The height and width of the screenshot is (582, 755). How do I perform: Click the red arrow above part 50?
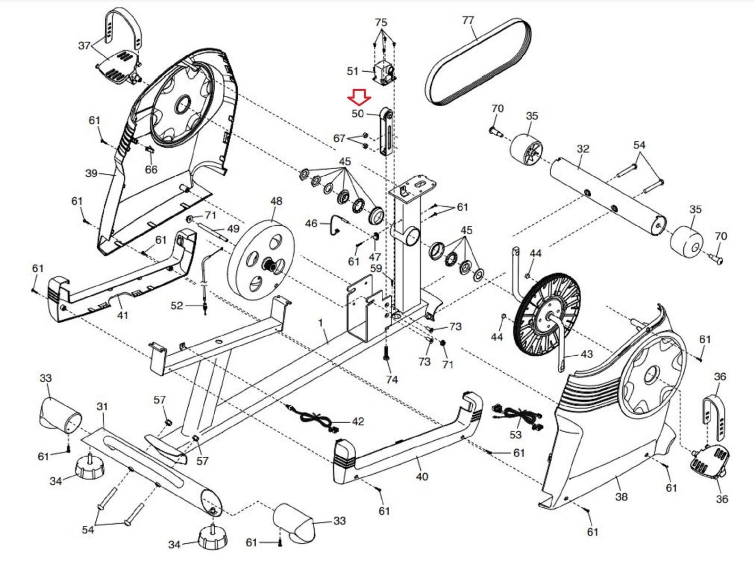click(x=360, y=97)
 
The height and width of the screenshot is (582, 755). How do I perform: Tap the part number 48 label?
click(x=276, y=201)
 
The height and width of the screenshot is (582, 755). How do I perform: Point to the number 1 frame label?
click(x=320, y=323)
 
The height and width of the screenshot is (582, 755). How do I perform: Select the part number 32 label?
click(x=583, y=149)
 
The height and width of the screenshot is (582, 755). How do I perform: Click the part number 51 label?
click(x=352, y=71)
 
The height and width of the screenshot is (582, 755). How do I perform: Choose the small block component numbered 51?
click(x=384, y=72)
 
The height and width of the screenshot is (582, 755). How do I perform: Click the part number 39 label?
click(x=92, y=173)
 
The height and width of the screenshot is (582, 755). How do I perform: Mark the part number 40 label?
click(x=422, y=477)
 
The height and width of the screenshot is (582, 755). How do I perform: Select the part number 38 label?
click(x=621, y=497)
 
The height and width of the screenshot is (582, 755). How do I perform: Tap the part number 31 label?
click(x=102, y=406)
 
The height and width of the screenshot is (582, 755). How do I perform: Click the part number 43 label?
click(x=587, y=354)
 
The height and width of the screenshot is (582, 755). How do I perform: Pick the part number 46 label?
click(x=311, y=223)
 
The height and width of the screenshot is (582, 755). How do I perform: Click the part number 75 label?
click(x=381, y=23)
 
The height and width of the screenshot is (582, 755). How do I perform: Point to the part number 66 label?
click(x=151, y=169)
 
